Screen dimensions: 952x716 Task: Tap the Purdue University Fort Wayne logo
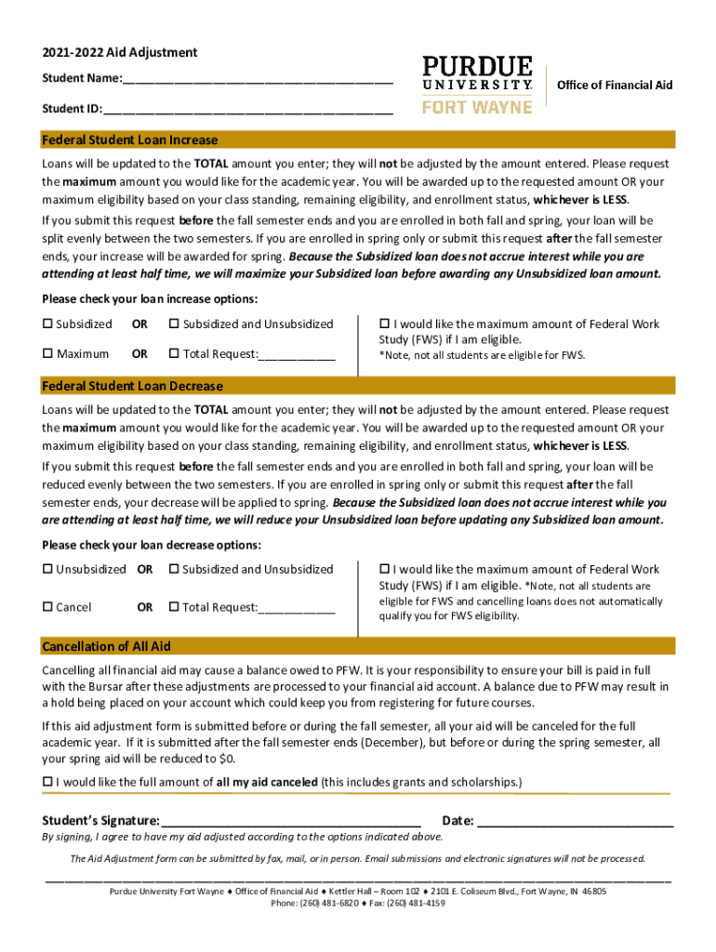[477, 85]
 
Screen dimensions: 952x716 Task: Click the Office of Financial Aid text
[614, 86]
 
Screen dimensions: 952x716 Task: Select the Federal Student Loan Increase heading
[130, 140]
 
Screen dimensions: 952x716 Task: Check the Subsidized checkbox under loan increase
[47, 324]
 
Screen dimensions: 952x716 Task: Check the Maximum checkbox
[47, 354]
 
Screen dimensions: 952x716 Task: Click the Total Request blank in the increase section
[297, 354]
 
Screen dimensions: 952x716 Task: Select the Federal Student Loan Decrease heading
[132, 386]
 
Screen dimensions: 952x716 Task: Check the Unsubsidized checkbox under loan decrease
[47, 570]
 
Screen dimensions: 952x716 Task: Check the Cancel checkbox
[47, 608]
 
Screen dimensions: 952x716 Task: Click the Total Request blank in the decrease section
[297, 608]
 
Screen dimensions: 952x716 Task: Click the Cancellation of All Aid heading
[106, 646]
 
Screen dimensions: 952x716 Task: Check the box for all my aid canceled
[47, 783]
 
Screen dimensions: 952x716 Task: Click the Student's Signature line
[290, 822]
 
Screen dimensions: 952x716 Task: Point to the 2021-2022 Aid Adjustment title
[119, 53]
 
